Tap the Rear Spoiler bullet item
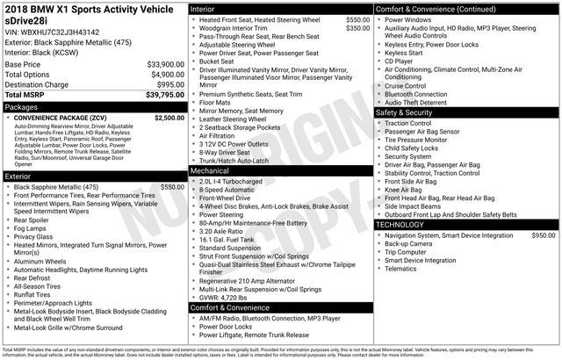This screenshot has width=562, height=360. pos(38,220)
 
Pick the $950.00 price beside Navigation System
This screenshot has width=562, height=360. pos(543,235)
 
